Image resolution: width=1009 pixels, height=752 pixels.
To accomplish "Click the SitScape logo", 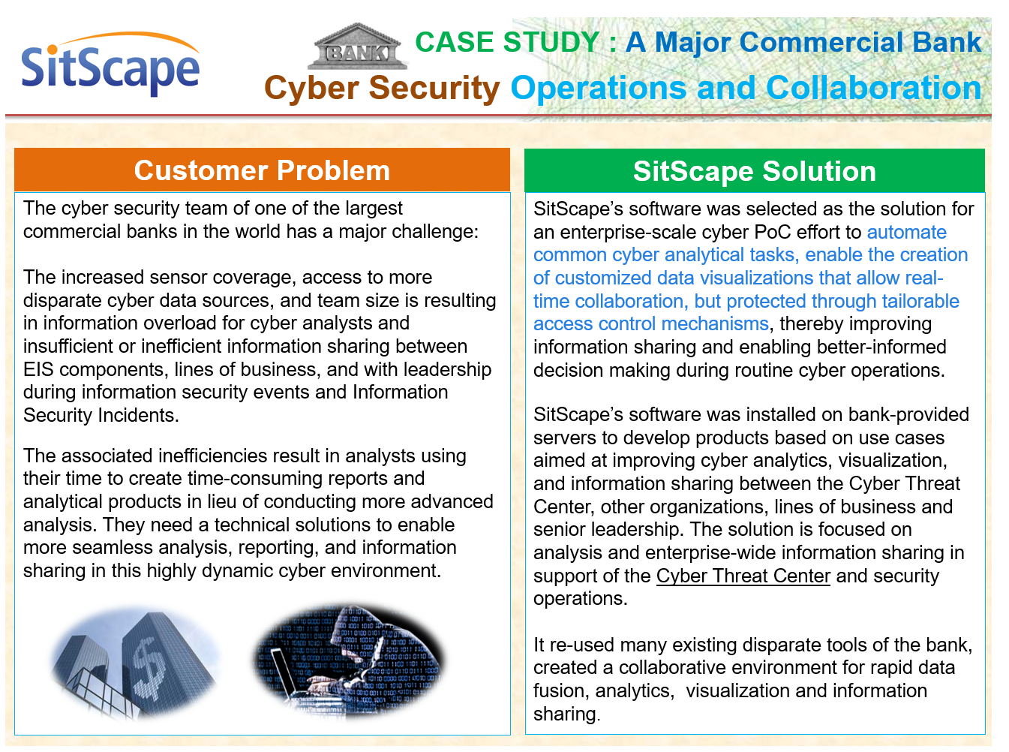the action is pyautogui.click(x=110, y=64).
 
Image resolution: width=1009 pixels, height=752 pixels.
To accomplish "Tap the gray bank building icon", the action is pyautogui.click(x=357, y=46).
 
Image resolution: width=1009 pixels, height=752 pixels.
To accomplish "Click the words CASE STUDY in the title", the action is pyautogui.click(x=507, y=42).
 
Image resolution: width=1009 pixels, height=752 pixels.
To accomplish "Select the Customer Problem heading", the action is pyautogui.click(x=262, y=170).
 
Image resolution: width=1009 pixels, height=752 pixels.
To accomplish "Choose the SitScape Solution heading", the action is pyautogui.click(x=754, y=171).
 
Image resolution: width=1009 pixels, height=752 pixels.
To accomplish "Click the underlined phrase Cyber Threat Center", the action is pyautogui.click(x=743, y=576).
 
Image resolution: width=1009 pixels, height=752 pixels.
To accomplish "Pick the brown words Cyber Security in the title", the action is pyautogui.click(x=382, y=89).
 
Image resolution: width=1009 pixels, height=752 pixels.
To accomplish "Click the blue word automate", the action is pyautogui.click(x=907, y=232).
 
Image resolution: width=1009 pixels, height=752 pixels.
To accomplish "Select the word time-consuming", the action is pyautogui.click(x=268, y=478).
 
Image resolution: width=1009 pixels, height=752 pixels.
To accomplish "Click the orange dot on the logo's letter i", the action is pyautogui.click(x=53, y=50).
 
